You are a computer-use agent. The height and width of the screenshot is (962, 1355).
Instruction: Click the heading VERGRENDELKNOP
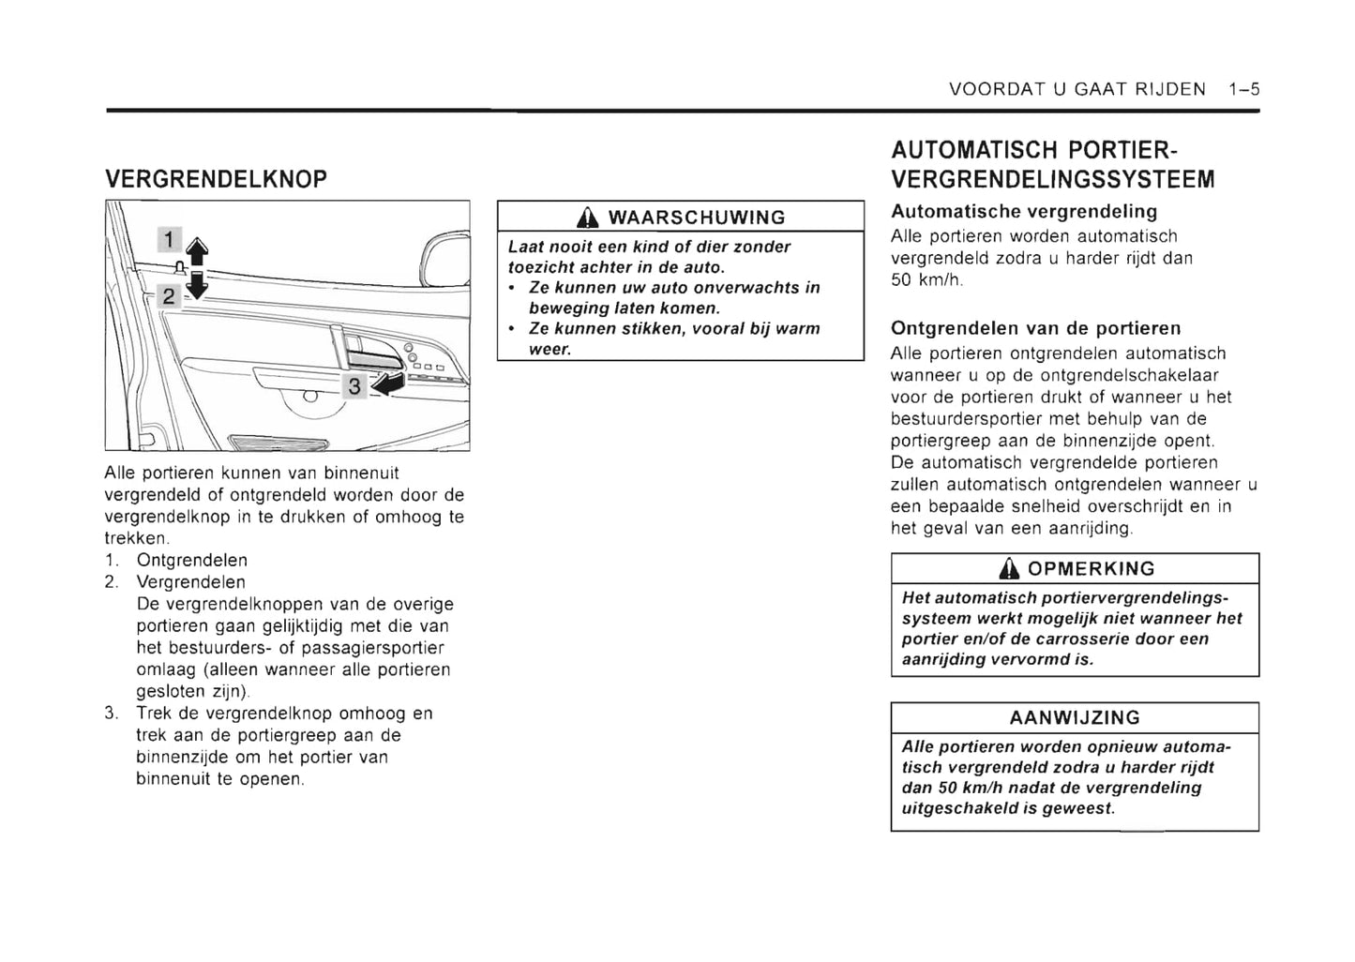tap(216, 178)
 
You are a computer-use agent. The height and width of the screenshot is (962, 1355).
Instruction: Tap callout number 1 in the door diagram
tap(169, 241)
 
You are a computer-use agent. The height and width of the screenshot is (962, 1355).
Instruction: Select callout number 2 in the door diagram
tap(169, 296)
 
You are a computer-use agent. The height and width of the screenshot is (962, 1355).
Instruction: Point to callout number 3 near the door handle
tap(354, 385)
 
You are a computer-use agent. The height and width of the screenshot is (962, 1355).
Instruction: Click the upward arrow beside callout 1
tap(196, 251)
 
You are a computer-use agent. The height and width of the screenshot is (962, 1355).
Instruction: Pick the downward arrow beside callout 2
tap(196, 285)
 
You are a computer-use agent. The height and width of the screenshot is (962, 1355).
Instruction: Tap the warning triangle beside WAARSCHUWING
tap(587, 218)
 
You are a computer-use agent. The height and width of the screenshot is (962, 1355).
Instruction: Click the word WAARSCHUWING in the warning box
tap(697, 218)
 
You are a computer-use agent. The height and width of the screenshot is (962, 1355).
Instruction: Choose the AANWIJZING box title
tap(1075, 718)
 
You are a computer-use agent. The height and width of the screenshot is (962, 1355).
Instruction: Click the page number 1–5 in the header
tap(1243, 90)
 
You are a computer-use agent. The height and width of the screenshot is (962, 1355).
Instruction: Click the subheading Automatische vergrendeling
tap(1024, 212)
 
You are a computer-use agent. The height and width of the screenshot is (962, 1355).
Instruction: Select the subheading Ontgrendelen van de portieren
tap(1035, 328)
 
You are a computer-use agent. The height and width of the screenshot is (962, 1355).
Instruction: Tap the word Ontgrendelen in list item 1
tap(192, 561)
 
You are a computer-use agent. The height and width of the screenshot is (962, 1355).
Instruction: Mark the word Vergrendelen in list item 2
tap(190, 582)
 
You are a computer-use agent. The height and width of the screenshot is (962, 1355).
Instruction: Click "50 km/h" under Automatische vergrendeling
tap(927, 279)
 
